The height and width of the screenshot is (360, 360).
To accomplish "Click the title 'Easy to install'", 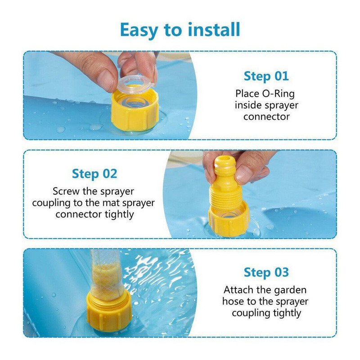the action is (180, 30).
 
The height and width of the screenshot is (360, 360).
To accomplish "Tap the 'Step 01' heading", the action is (266, 76).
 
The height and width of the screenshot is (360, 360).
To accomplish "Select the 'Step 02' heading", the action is (94, 174).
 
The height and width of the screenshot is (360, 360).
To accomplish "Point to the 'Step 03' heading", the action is (266, 273).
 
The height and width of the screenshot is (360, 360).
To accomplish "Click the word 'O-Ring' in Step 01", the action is (279, 94).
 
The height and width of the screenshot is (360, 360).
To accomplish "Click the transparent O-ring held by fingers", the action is (135, 84).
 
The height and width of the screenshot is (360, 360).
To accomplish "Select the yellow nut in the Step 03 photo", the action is (109, 311).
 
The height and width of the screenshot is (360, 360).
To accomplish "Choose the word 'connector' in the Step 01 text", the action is (266, 117).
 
